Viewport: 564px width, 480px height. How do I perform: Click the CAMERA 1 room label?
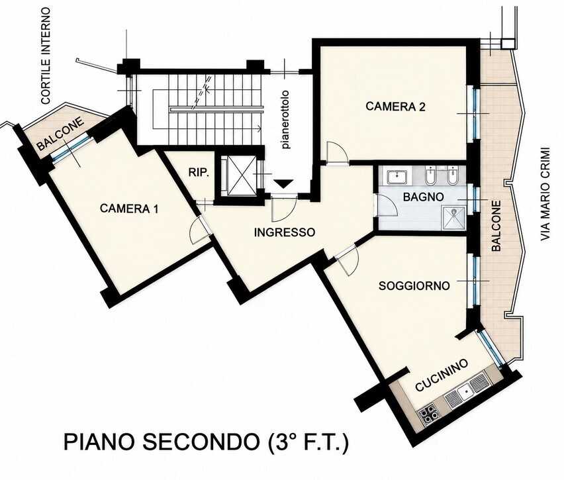click(129, 209)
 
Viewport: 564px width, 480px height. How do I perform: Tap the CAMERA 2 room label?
click(395, 107)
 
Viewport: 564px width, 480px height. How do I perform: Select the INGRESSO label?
click(284, 232)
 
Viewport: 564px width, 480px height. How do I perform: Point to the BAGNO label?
click(424, 197)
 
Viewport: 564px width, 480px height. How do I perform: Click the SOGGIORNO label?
click(414, 286)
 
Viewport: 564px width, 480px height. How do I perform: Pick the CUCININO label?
click(442, 375)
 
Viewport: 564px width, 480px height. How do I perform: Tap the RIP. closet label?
click(199, 173)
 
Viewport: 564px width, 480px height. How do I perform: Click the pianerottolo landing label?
click(285, 120)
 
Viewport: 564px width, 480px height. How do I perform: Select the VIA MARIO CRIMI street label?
click(545, 194)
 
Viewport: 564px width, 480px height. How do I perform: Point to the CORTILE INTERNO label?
click(46, 56)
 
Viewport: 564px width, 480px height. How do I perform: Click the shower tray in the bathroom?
click(453, 217)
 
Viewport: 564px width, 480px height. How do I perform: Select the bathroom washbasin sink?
click(397, 177)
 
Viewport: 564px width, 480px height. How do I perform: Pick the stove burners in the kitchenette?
click(428, 412)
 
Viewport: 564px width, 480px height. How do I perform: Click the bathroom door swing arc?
click(387, 205)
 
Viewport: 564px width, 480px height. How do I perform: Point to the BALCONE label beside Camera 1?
click(61, 134)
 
